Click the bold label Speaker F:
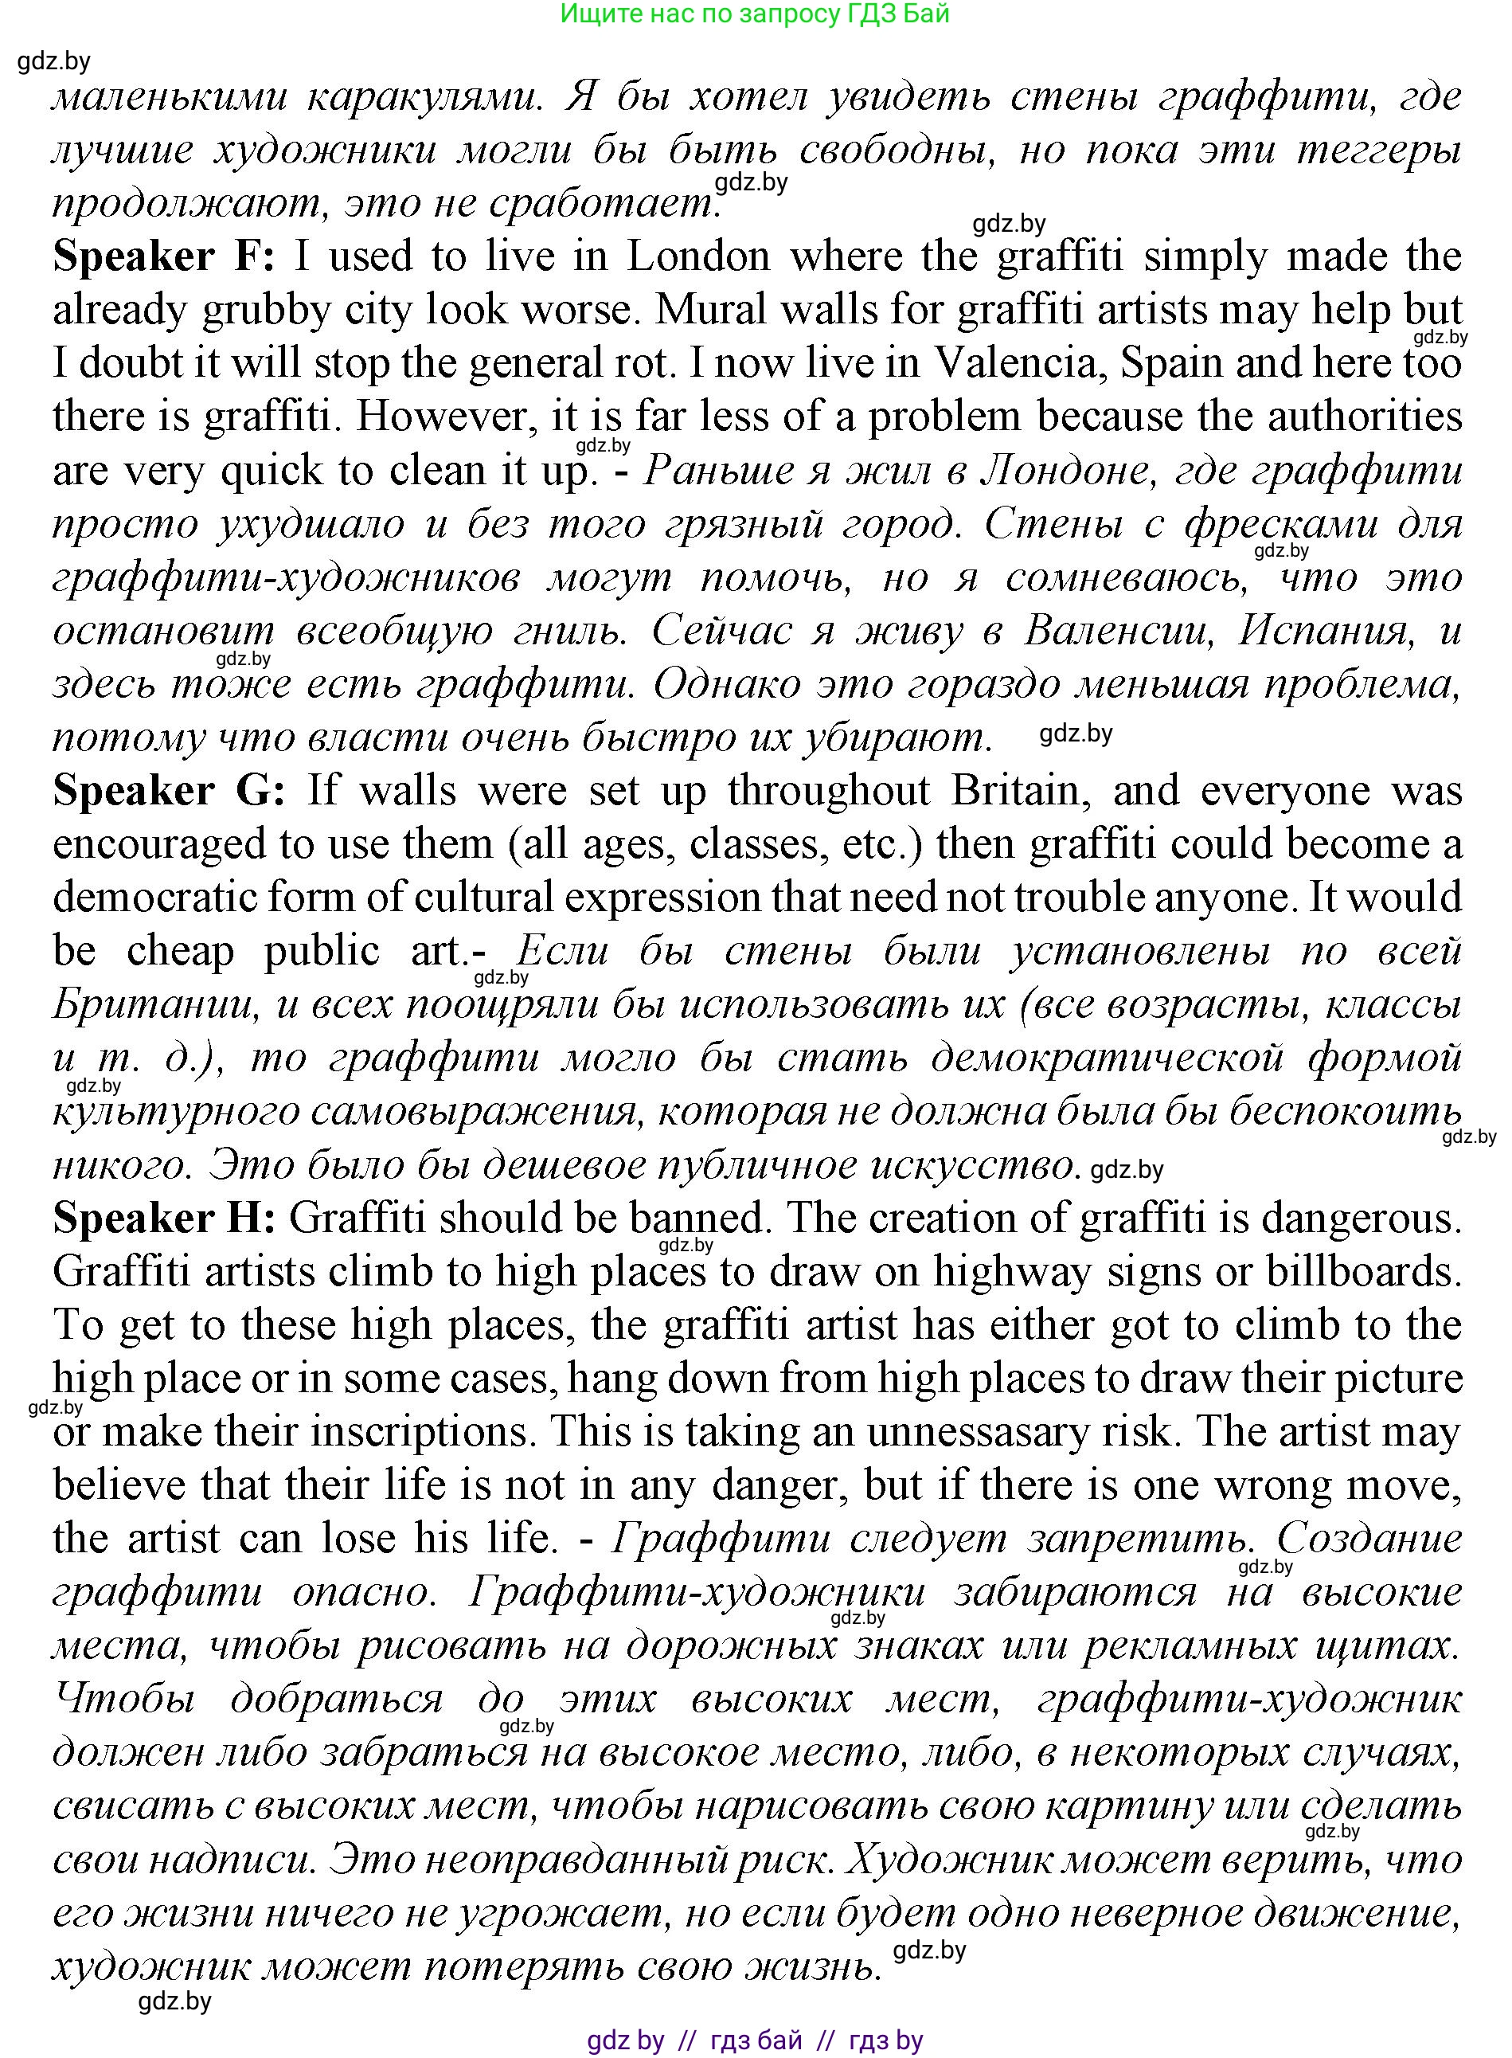(x=163, y=256)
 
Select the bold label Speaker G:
(x=170, y=790)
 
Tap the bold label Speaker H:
(x=164, y=1218)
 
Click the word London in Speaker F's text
(x=698, y=256)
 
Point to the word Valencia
(x=1015, y=363)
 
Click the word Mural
(x=705, y=311)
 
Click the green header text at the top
(x=754, y=14)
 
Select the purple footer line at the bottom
(x=755, y=2040)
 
